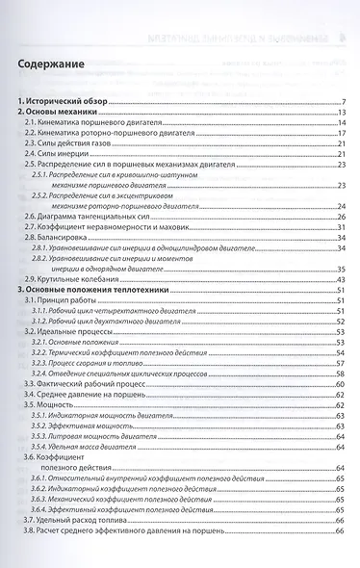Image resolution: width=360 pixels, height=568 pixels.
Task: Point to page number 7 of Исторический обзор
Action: (343, 102)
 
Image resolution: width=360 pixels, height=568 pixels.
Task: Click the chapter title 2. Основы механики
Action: (59, 113)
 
